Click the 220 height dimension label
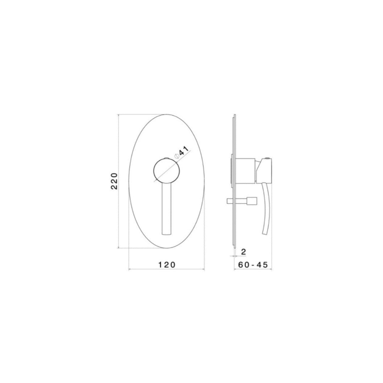click(114, 181)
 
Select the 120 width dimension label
click(167, 264)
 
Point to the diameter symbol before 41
click(177, 156)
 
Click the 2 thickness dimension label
click(244, 252)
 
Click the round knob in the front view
click(167, 171)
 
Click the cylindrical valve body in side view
click(245, 171)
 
